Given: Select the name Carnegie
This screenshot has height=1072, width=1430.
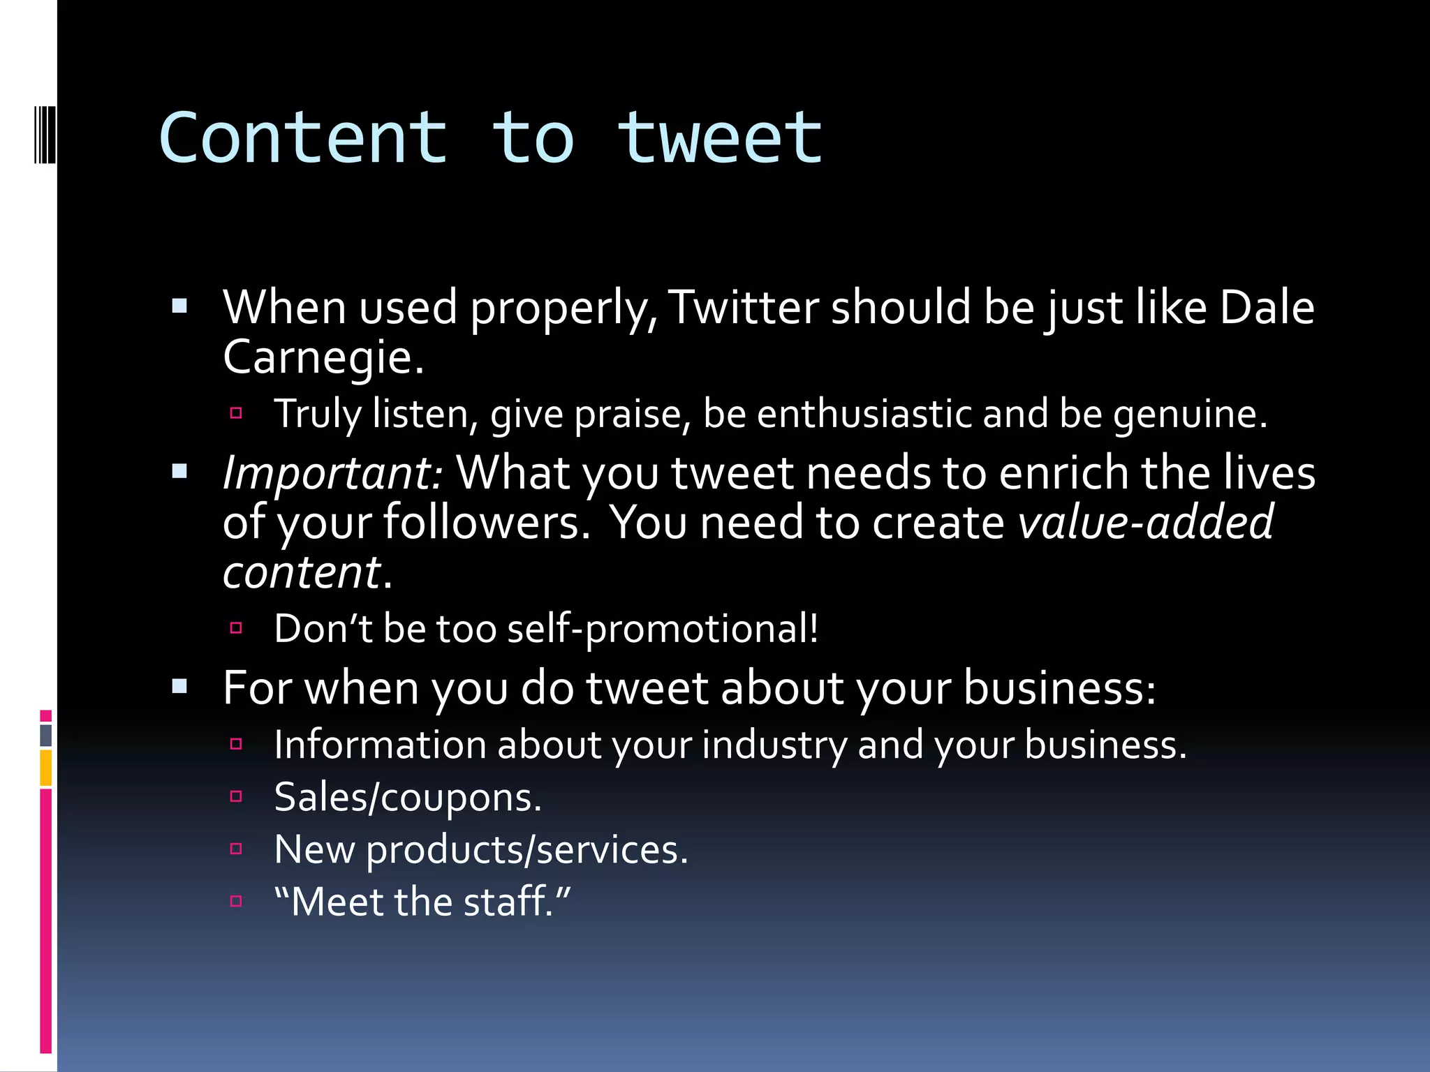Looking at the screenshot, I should point(323,357).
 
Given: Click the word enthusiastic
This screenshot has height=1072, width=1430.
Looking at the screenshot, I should point(864,413).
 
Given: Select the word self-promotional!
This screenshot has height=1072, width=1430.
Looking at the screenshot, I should point(663,628).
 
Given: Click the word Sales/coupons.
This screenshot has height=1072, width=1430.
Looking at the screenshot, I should point(408,797).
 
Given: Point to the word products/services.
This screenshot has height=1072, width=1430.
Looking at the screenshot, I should point(527,849).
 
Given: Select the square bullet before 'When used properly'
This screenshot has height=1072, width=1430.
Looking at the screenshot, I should point(179,306).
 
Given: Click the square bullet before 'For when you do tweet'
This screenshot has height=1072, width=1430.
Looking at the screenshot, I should point(179,687).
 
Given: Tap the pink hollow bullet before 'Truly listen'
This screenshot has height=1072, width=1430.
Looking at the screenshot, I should point(236,413).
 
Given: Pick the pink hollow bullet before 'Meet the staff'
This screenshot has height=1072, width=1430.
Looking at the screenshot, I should point(236,901).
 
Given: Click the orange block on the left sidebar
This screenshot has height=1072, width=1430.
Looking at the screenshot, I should point(45,768).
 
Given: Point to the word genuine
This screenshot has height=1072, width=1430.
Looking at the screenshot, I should point(1190,413).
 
